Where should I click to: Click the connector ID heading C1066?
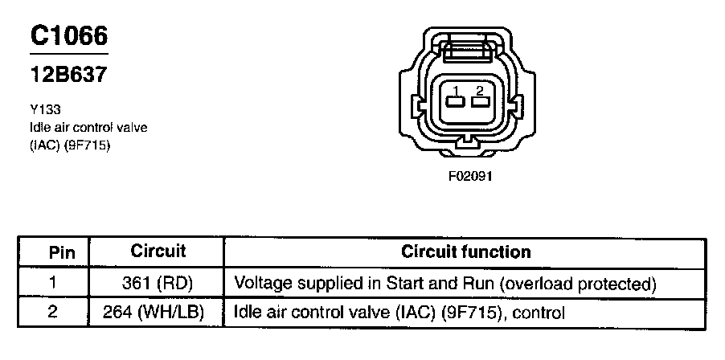(x=69, y=36)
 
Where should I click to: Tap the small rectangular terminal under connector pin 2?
(x=480, y=102)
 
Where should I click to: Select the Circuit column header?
(x=158, y=252)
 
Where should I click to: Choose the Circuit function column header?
(x=465, y=252)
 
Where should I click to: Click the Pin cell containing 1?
(x=53, y=283)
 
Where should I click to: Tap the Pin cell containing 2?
(x=53, y=312)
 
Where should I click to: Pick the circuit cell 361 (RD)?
(x=158, y=283)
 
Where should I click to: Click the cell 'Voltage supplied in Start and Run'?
(x=445, y=283)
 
